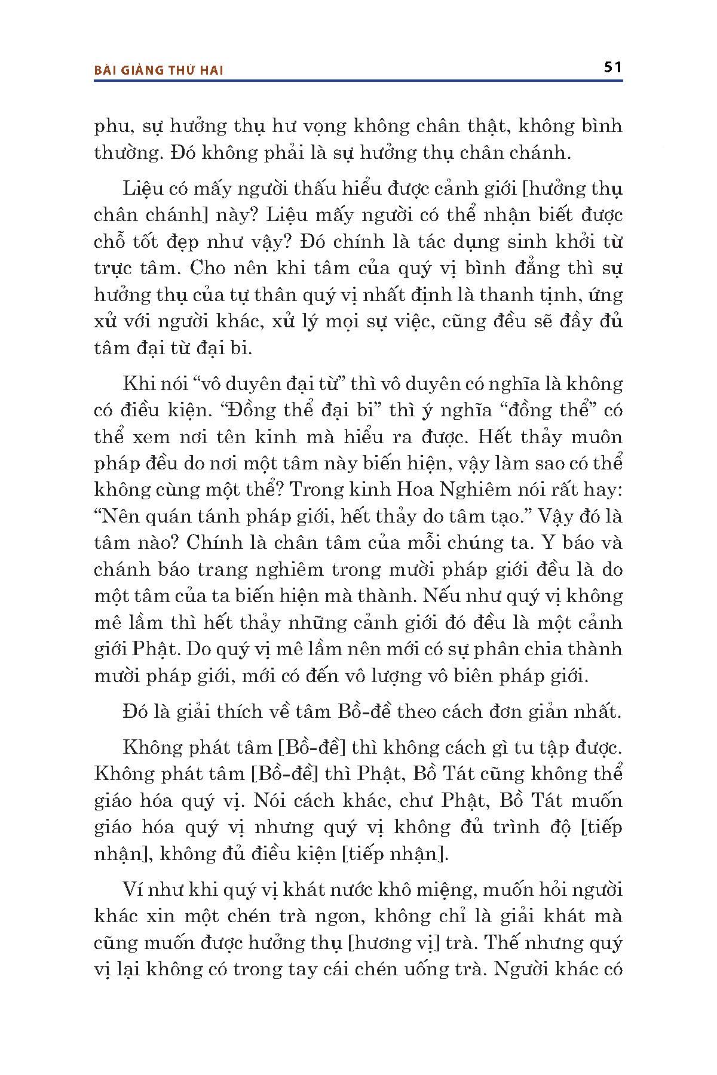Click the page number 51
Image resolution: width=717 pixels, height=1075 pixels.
coord(613,67)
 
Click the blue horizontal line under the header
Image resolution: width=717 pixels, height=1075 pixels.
coord(358,80)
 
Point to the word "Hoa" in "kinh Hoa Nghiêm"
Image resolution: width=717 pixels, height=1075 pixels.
coord(418,490)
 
